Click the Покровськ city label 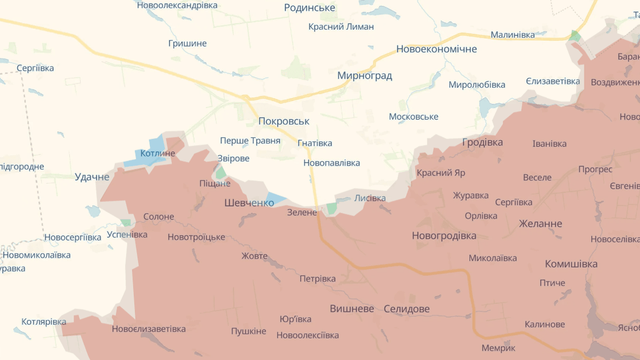click(284, 121)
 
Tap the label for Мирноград click(364, 75)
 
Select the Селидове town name click(406, 309)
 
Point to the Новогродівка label click(444, 236)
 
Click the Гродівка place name click(482, 142)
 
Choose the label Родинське click(309, 8)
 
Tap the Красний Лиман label click(341, 27)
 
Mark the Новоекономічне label click(436, 49)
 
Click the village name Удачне click(92, 177)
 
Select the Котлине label click(158, 153)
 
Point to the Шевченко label click(249, 203)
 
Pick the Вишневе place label click(352, 309)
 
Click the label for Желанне click(540, 224)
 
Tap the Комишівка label click(571, 264)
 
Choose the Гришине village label click(187, 44)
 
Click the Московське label click(413, 117)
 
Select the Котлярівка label click(44, 322)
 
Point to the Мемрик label click(498, 348)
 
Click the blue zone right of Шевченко click(276, 199)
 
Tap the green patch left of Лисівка click(331, 208)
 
